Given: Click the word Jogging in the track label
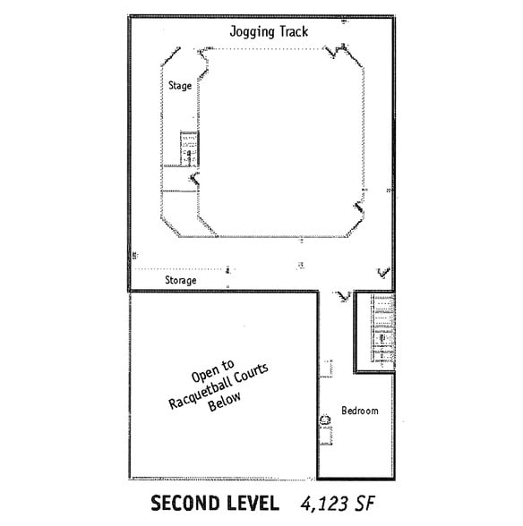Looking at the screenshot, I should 250,31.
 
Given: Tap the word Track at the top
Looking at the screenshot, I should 291,31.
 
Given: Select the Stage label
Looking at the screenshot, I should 179,85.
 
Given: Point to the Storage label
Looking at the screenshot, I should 180,281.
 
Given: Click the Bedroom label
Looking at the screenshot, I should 359,411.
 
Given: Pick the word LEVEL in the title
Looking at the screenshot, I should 250,502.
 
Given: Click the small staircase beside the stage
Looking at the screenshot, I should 188,148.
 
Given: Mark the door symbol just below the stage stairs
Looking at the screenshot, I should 193,180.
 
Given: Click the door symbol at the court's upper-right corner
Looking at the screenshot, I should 340,52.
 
